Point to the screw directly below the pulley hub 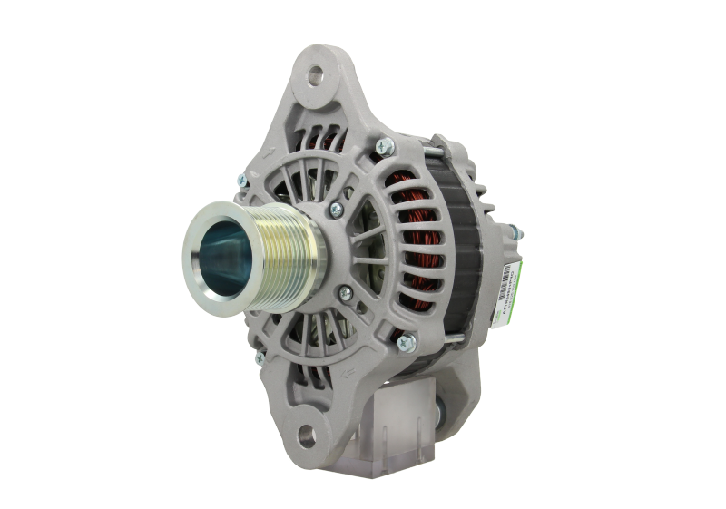coord(344,293)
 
